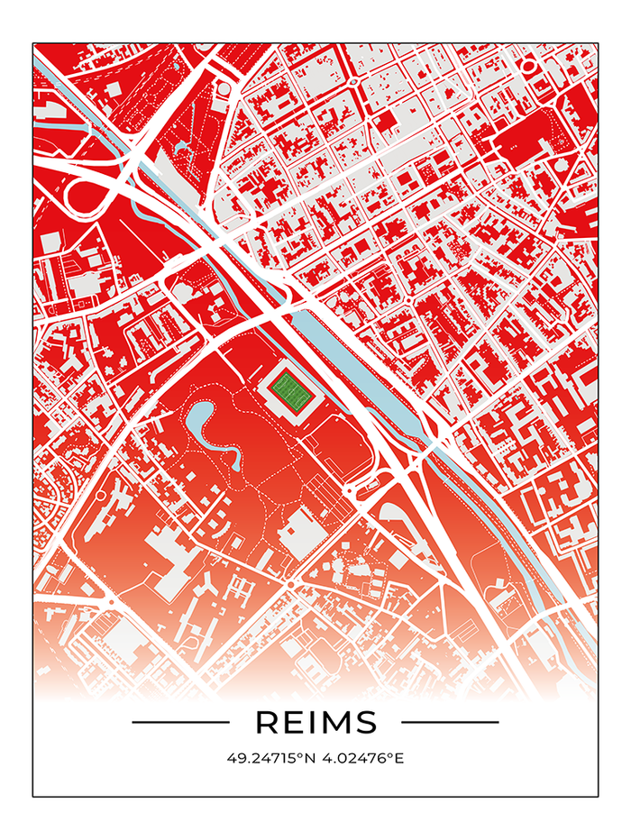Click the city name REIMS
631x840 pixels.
(x=315, y=722)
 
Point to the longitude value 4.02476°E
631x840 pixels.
(x=359, y=758)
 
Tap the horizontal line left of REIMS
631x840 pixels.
(x=180, y=722)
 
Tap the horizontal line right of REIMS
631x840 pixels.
(x=450, y=722)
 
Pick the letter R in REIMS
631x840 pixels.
(x=268, y=722)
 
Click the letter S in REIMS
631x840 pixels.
(x=365, y=722)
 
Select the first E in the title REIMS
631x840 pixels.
(x=293, y=722)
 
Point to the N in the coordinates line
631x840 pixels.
(x=308, y=758)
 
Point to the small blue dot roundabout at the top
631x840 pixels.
(x=352, y=80)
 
